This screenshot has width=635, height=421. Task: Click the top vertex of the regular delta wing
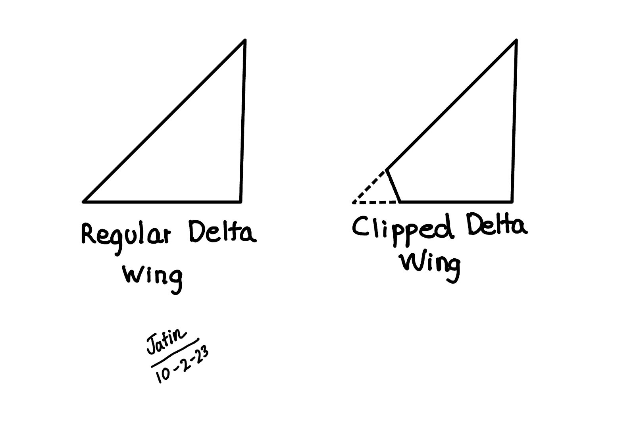[244, 40]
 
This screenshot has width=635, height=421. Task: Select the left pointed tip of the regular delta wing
[84, 202]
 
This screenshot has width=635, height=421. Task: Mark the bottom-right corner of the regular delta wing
[241, 202]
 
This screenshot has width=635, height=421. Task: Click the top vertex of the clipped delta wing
[516, 40]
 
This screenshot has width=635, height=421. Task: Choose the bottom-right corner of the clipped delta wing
[512, 202]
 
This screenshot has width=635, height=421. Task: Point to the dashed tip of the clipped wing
[354, 202]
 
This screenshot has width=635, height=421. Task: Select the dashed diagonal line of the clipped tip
[369, 186]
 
